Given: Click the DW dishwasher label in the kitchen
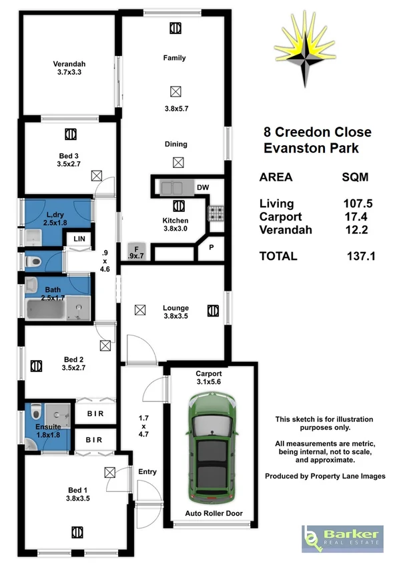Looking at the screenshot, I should (x=202, y=187).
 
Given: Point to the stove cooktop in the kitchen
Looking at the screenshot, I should (x=217, y=213).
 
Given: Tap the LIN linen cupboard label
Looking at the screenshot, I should (x=79, y=238).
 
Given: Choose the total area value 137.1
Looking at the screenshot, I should (x=361, y=255).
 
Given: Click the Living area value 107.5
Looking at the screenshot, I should (x=356, y=205).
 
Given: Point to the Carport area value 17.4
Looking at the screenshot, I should (x=356, y=217).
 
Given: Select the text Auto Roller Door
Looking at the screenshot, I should (x=214, y=513).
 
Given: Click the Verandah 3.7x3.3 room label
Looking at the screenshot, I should (x=69, y=69).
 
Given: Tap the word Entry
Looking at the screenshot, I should (x=147, y=472).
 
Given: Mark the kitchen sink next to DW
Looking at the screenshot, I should (x=172, y=188).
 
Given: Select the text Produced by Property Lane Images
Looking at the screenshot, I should (x=325, y=476).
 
